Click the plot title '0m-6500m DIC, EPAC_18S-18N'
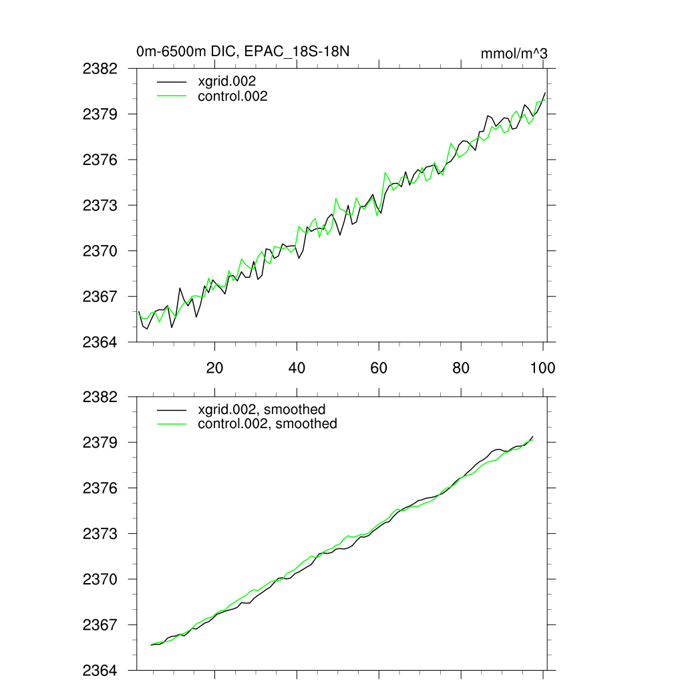point(243,51)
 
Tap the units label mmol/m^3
point(514,53)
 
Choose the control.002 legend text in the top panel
point(233,96)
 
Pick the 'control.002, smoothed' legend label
point(267,423)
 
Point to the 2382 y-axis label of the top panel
point(100,69)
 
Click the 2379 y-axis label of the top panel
point(100,114)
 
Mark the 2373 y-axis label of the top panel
point(100,205)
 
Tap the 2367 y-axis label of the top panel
point(100,296)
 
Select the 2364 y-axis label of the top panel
point(100,342)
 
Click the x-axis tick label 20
point(214,368)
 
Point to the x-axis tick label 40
point(297,368)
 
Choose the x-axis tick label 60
point(379,368)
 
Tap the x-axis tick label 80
point(461,368)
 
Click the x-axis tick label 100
point(542,368)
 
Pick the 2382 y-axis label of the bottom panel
point(100,397)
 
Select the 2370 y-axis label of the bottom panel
point(100,579)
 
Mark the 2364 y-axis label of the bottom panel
point(100,670)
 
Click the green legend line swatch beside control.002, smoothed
point(171,423)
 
